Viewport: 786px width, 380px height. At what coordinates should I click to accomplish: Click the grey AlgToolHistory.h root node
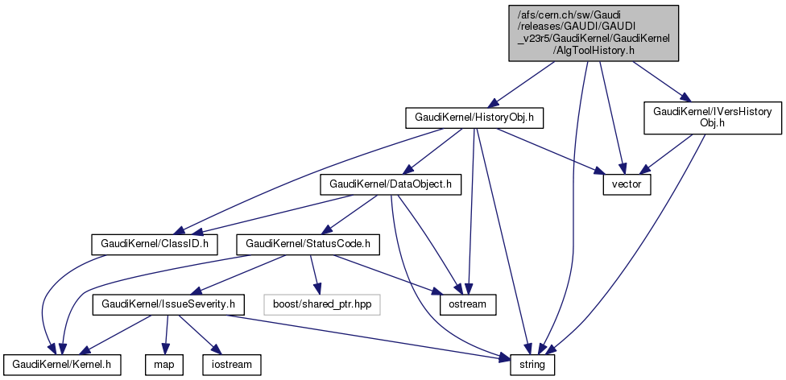coord(593,32)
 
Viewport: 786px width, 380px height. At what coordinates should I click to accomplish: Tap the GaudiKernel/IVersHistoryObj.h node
coord(712,118)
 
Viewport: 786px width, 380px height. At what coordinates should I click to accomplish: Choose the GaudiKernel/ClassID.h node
coord(154,242)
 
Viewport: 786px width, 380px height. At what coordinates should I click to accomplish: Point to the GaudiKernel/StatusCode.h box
coord(307,242)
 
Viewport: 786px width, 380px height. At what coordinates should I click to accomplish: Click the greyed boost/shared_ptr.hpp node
coord(321,304)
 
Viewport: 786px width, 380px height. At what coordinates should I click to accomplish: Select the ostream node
coord(467,304)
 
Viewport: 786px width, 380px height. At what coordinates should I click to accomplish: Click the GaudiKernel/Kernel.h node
coord(62,365)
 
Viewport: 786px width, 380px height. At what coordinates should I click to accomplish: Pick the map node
coord(164,365)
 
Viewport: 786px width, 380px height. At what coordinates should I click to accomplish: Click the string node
coord(532,365)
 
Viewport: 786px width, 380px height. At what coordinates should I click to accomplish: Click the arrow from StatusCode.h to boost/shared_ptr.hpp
coord(315,274)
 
